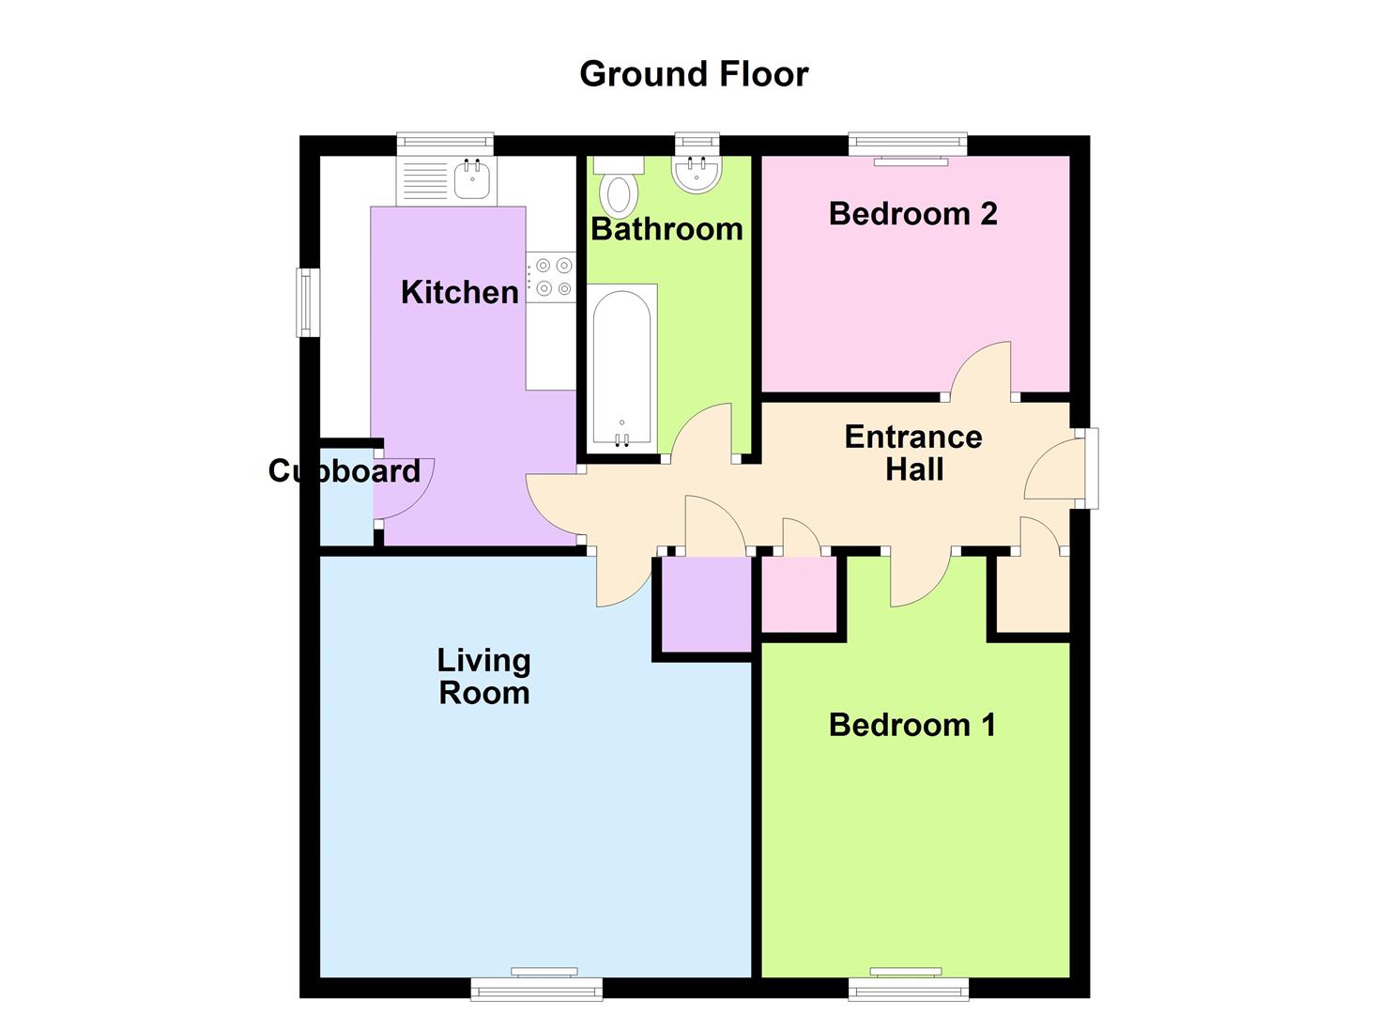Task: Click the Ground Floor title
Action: click(x=694, y=75)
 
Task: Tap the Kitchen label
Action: click(x=459, y=292)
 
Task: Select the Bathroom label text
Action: click(x=666, y=229)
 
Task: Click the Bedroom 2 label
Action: click(x=913, y=213)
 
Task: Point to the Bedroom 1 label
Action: click(x=912, y=725)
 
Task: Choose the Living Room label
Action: click(x=483, y=677)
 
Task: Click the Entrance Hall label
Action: click(x=913, y=453)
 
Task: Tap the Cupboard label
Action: click(x=345, y=471)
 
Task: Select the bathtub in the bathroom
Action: click(x=621, y=368)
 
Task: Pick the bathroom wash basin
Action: click(x=697, y=173)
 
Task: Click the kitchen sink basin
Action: click(x=472, y=177)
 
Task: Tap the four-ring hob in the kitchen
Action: click(x=551, y=277)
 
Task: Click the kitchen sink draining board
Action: click(x=425, y=181)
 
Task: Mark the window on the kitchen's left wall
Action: click(x=307, y=302)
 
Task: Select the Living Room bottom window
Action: click(x=536, y=987)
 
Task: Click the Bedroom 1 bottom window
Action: click(x=909, y=987)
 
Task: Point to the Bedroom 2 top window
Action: click(x=908, y=145)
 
